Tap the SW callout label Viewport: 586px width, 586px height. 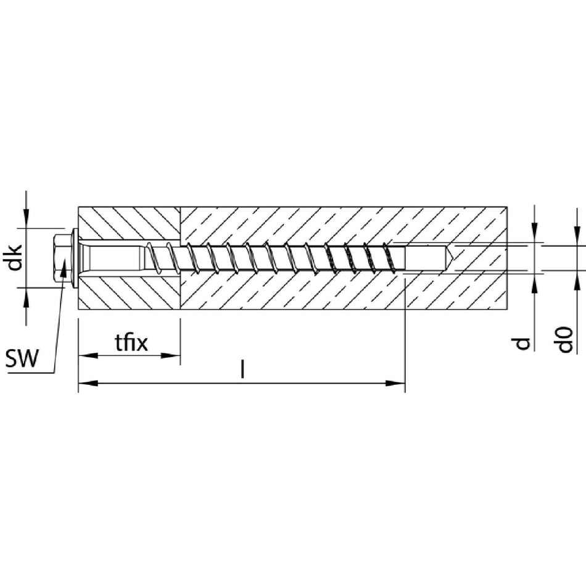[x=22, y=358]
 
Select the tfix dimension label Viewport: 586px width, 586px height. [x=131, y=343]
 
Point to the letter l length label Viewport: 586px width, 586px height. [x=242, y=368]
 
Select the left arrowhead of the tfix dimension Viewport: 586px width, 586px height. [x=88, y=355]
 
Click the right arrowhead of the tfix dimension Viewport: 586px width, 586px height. [x=171, y=355]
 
